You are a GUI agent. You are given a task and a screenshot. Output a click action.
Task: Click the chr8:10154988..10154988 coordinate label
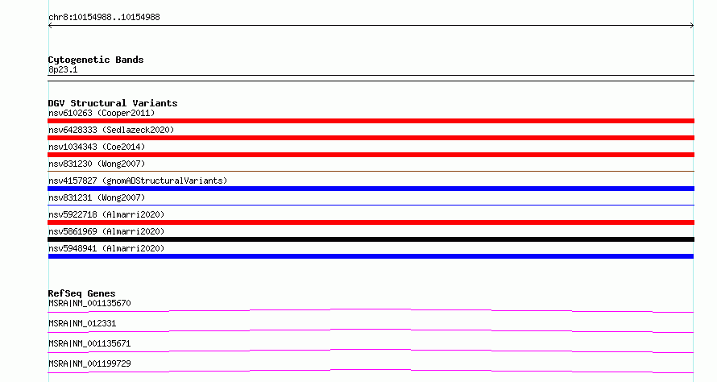104,18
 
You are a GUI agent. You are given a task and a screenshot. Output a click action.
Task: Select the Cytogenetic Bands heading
96,60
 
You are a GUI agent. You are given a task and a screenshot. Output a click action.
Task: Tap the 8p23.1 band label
63,69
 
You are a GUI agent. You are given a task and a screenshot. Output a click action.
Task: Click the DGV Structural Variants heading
113,103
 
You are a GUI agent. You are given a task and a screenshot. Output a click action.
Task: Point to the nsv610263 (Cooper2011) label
102,113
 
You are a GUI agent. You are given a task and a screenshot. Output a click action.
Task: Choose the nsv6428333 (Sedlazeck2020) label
111,130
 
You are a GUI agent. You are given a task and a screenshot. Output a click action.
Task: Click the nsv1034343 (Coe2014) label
97,147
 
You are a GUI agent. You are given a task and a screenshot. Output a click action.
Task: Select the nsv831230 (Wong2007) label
97,164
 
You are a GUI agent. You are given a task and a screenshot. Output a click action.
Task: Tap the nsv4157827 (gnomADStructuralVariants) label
138,181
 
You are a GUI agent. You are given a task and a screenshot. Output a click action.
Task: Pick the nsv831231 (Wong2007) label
97,197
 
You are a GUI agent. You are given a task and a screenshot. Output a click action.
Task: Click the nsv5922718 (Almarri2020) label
106,214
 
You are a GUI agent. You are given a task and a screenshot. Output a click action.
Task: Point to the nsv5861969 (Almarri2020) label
106,231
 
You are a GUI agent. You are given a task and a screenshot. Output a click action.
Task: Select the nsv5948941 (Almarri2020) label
106,248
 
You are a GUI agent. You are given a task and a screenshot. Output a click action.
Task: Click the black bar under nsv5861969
371,239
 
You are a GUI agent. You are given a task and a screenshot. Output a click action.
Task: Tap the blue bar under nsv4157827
371,189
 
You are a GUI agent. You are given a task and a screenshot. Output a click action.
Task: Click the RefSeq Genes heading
81,293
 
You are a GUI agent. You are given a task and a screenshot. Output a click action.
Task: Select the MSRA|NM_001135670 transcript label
89,303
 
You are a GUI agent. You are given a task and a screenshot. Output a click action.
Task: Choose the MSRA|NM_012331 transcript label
82,323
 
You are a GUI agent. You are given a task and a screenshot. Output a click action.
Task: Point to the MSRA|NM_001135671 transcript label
89,343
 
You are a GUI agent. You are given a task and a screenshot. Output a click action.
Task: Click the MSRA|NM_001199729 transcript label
89,363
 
